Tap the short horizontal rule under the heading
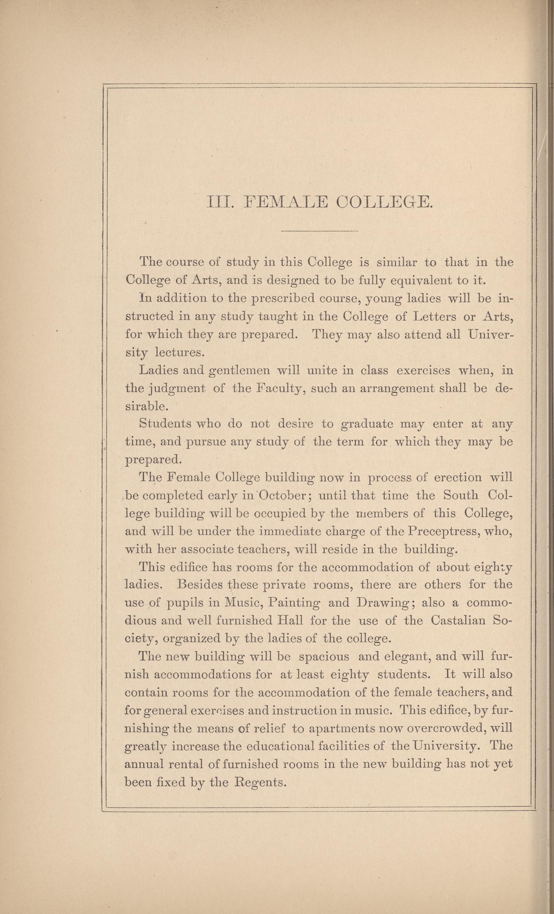[320, 232]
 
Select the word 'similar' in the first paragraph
[397, 263]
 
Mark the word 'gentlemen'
[241, 371]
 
